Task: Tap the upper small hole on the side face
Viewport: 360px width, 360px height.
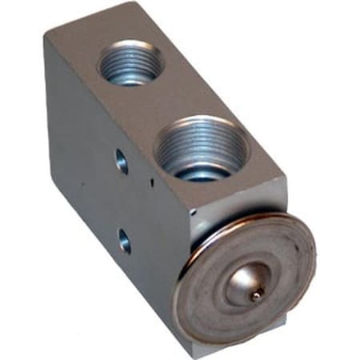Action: pos(121,161)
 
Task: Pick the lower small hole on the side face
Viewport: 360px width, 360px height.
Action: pos(124,238)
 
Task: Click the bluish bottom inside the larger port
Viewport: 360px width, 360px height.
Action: pos(200,171)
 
